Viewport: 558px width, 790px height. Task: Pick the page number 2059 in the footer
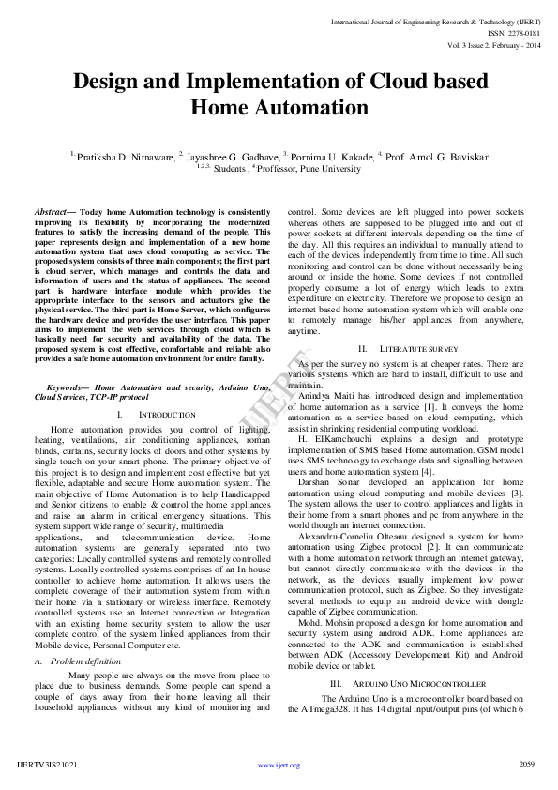coord(526,764)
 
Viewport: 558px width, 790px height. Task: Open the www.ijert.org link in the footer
coord(279,765)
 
